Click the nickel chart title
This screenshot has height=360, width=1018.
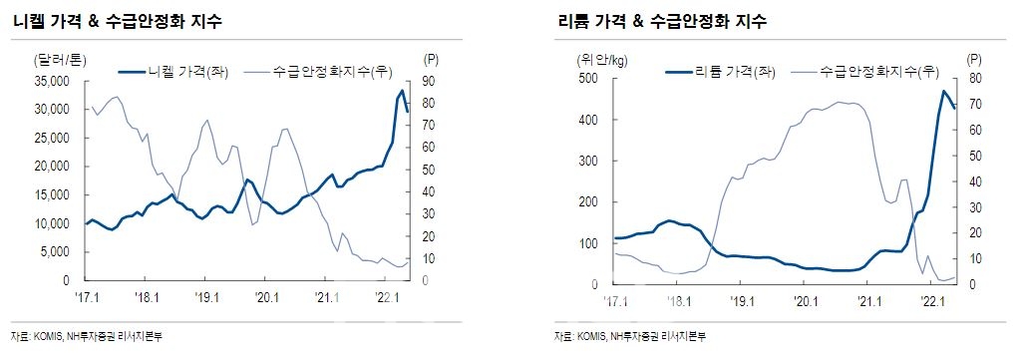click(x=118, y=21)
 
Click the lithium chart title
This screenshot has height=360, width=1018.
click(x=669, y=21)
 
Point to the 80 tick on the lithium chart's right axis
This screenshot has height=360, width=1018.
click(x=974, y=78)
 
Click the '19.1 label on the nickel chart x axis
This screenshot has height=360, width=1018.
click(x=207, y=297)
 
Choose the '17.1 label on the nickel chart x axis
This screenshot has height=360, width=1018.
click(x=88, y=297)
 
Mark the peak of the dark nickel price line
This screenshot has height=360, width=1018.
click(x=402, y=91)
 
